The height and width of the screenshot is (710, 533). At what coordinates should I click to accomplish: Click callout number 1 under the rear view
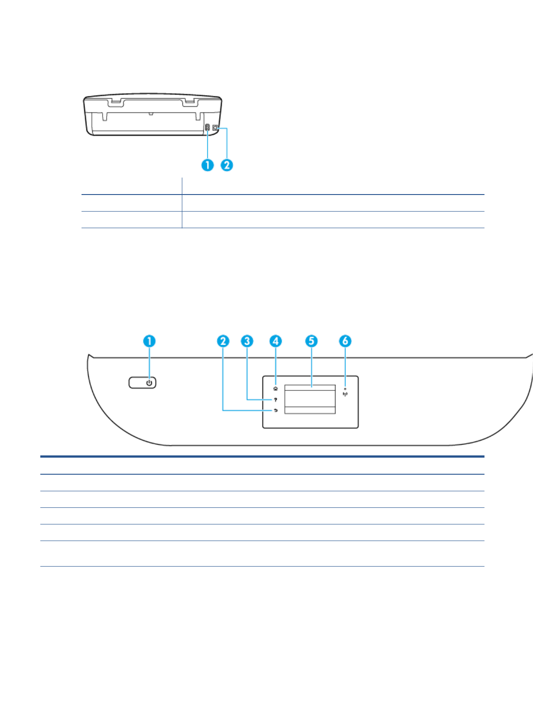[x=207, y=165]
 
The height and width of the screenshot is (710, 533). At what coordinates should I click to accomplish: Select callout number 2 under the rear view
[x=227, y=165]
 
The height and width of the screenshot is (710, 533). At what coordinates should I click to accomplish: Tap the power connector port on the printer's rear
[x=207, y=128]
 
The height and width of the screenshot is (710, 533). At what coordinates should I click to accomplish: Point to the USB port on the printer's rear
[x=215, y=128]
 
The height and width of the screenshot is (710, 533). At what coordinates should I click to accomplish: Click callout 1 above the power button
[x=149, y=341]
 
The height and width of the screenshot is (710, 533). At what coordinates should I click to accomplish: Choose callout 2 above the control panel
[x=223, y=341]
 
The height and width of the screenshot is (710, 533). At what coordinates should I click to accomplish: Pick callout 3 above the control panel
[x=247, y=341]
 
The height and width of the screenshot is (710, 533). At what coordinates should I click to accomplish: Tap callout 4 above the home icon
[x=275, y=341]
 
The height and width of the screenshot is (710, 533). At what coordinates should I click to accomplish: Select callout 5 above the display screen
[x=311, y=341]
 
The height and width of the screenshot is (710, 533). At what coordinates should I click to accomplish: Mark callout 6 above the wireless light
[x=345, y=341]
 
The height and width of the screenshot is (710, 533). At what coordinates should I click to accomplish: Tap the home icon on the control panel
[x=275, y=389]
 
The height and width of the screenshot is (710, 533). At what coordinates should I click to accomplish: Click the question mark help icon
[x=275, y=399]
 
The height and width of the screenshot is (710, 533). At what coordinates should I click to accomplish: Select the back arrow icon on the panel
[x=275, y=410]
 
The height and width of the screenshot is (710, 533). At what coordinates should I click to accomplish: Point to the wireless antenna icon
[x=345, y=394]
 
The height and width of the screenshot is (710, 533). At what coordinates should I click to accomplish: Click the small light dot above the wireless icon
[x=345, y=389]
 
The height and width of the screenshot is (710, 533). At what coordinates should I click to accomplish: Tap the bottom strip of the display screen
[x=310, y=410]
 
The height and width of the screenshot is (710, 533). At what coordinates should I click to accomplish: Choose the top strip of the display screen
[x=310, y=387]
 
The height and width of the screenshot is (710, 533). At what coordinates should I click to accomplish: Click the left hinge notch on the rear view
[x=116, y=103]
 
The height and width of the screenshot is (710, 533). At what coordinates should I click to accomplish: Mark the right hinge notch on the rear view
[x=190, y=103]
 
